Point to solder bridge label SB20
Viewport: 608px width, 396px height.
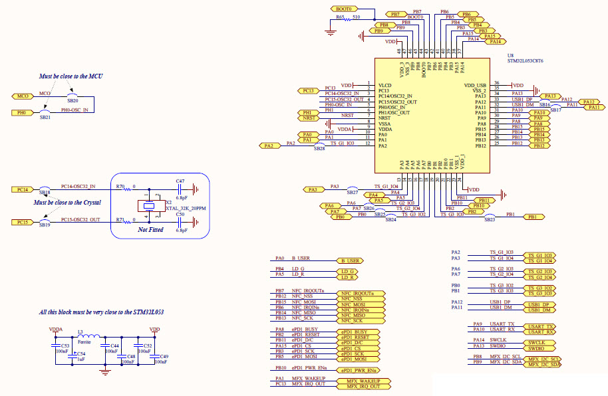click(73, 100)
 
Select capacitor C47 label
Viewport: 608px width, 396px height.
click(180, 181)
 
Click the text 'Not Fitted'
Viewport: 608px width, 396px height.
click(150, 229)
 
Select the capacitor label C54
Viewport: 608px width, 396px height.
click(81, 353)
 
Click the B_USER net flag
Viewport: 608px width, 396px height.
click(351, 261)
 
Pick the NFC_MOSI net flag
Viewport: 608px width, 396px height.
click(357, 304)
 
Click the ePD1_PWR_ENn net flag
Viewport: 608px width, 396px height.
click(360, 370)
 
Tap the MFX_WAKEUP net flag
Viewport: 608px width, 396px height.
click(363, 381)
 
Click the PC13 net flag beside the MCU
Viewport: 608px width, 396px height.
click(307, 90)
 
